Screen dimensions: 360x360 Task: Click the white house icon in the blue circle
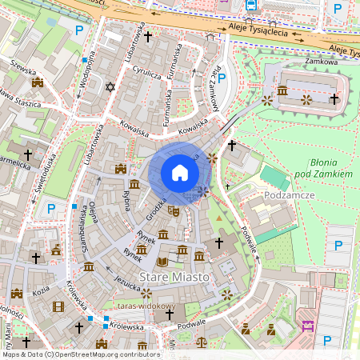(x=179, y=173)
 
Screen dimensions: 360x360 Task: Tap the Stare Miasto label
(x=175, y=276)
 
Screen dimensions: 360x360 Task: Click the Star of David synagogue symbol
(x=110, y=86)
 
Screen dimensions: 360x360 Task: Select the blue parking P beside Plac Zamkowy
(x=222, y=78)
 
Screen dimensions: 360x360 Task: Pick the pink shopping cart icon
(x=306, y=326)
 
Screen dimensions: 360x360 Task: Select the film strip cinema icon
(x=58, y=306)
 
